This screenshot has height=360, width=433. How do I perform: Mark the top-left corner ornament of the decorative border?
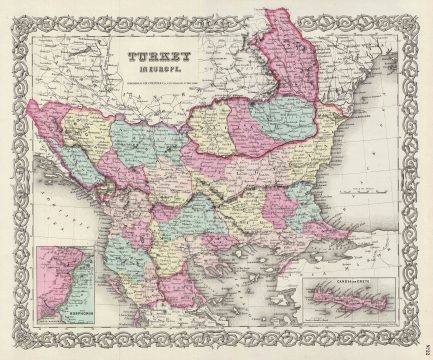tap(17, 17)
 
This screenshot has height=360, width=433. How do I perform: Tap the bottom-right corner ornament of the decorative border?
tap(415, 343)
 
